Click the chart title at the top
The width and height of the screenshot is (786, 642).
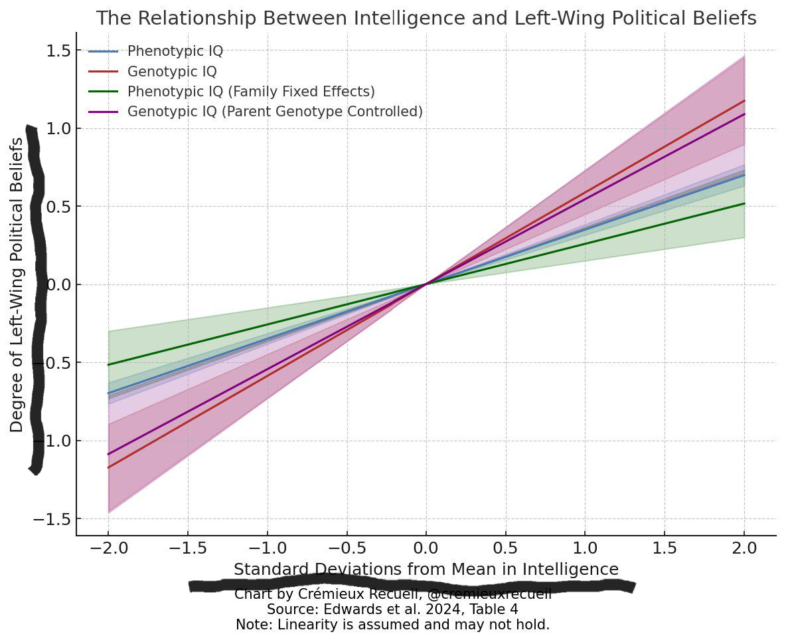click(426, 19)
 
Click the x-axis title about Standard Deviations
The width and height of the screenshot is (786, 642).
click(426, 570)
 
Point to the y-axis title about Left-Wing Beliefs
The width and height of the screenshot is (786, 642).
click(17, 286)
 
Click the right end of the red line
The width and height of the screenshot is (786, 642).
click(744, 101)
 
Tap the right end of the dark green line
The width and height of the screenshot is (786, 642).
click(744, 203)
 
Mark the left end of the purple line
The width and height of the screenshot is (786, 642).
click(108, 455)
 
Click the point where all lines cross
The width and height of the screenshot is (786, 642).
click(426, 284)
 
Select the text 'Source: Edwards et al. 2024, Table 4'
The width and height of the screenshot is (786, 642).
click(392, 609)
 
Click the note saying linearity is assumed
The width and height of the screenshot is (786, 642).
click(392, 625)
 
